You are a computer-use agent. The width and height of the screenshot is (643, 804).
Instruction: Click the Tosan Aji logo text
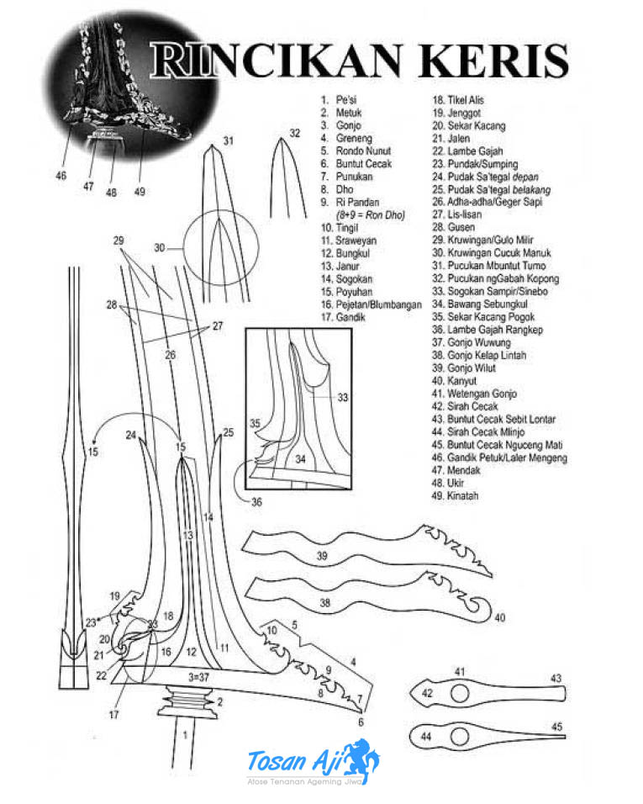tap(291, 762)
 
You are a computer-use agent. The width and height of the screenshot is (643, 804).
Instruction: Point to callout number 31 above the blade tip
tap(228, 140)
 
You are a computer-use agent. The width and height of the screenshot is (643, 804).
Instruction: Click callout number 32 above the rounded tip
tap(294, 133)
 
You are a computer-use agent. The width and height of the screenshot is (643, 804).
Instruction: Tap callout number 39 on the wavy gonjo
tap(322, 557)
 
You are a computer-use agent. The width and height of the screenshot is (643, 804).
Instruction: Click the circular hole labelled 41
tap(460, 693)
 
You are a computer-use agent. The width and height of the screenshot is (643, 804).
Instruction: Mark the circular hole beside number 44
tap(460, 738)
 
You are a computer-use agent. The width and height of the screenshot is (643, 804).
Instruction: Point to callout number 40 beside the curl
tap(500, 618)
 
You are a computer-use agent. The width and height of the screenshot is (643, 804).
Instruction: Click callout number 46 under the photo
tap(61, 176)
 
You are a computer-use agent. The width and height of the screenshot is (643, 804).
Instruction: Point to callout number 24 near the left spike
tap(130, 435)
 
